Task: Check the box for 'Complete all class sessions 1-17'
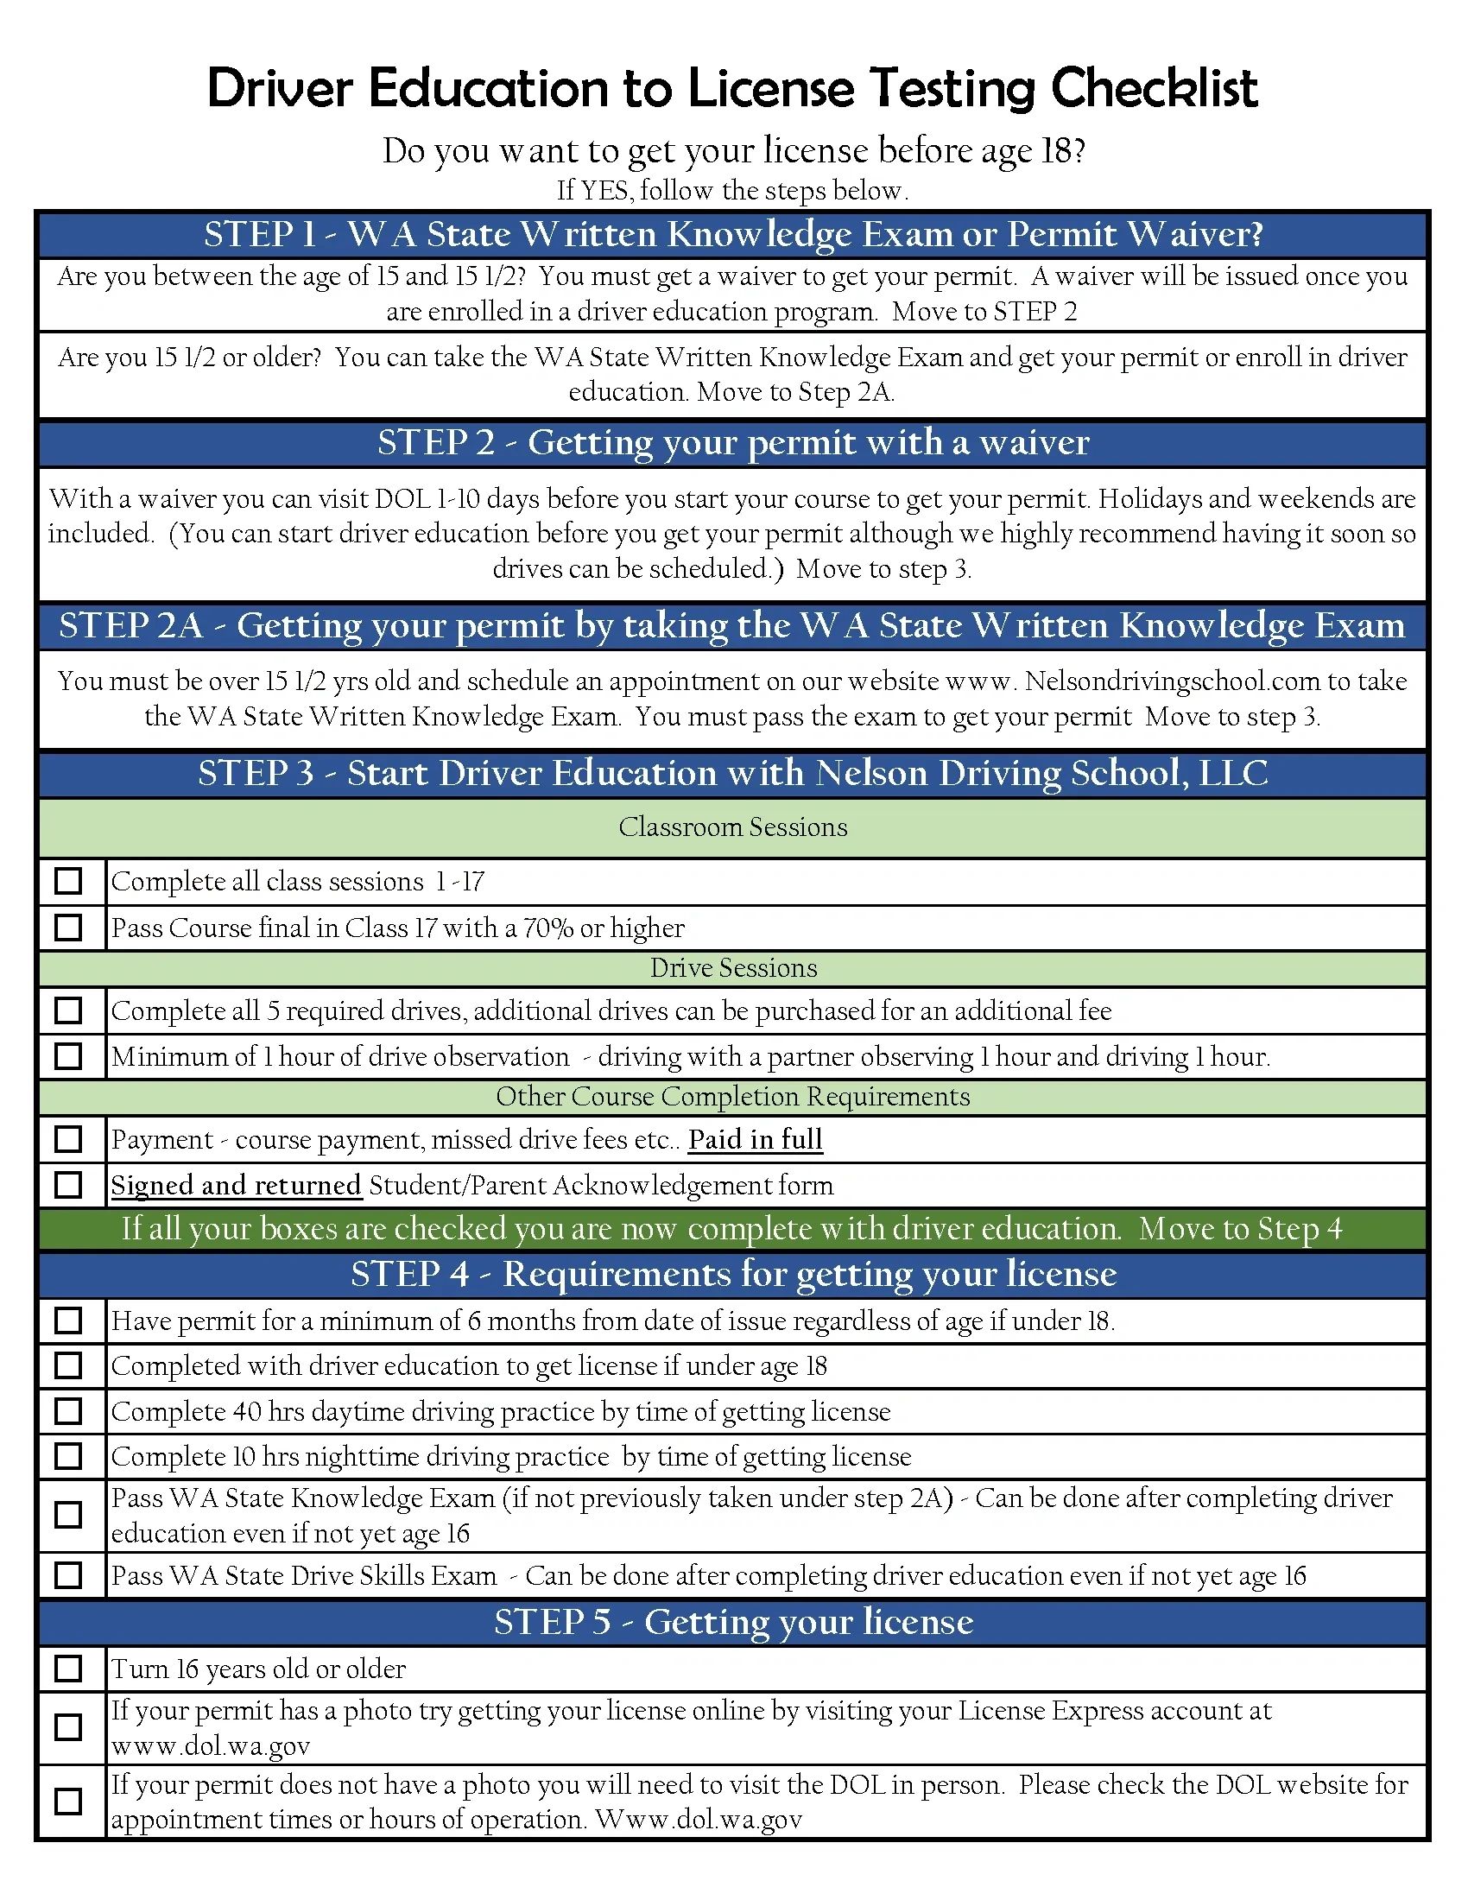pyautogui.click(x=68, y=880)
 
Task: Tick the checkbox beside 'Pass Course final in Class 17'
pyautogui.click(x=68, y=927)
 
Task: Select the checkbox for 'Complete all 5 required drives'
pyautogui.click(x=68, y=1010)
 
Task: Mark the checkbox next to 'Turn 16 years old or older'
pyautogui.click(x=68, y=1668)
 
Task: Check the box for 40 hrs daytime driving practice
pyautogui.click(x=68, y=1410)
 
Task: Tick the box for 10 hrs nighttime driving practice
pyautogui.click(x=68, y=1455)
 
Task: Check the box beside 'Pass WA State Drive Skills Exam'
pyautogui.click(x=68, y=1574)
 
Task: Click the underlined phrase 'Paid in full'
pyautogui.click(x=755, y=1139)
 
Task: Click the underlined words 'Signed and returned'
pyautogui.click(x=236, y=1185)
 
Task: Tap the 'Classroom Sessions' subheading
pyautogui.click(x=732, y=826)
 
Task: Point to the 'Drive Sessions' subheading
pyautogui.click(x=733, y=967)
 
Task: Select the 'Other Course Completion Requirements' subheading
pyautogui.click(x=732, y=1096)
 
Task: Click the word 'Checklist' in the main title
pyautogui.click(x=1154, y=88)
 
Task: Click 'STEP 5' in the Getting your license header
pyautogui.click(x=553, y=1622)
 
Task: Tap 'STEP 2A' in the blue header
pyautogui.click(x=130, y=625)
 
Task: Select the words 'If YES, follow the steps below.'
pyautogui.click(x=732, y=190)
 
